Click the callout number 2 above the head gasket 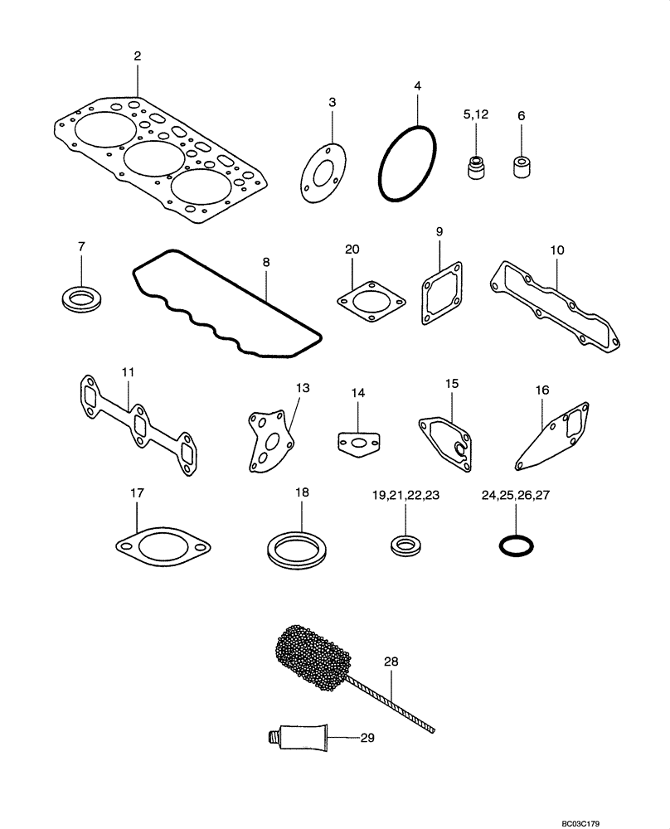coord(138,56)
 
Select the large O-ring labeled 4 coord(407,163)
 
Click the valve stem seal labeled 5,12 coord(475,167)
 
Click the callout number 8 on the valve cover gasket coord(266,262)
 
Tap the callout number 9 coord(439,231)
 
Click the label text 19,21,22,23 coord(405,496)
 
